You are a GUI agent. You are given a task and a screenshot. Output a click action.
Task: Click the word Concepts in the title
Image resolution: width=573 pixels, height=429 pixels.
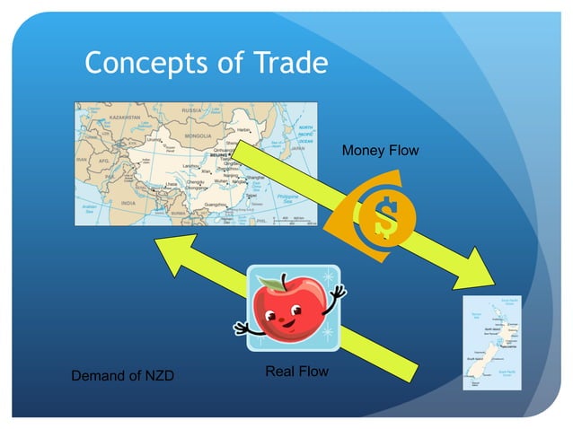point(143,63)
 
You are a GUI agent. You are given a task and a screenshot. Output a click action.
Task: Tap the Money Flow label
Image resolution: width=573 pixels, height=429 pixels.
point(380,151)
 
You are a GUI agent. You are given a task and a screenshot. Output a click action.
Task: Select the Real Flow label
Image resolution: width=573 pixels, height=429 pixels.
point(296,371)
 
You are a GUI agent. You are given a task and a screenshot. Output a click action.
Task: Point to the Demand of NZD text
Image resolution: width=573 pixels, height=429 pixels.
point(122,375)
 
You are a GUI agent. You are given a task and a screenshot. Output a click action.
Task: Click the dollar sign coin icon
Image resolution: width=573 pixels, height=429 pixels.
point(382,214)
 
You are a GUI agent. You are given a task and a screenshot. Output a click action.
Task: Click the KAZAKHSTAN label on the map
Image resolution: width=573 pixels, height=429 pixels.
point(113,118)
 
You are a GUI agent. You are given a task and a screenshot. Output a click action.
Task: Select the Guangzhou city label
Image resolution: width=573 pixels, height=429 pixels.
point(216,205)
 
